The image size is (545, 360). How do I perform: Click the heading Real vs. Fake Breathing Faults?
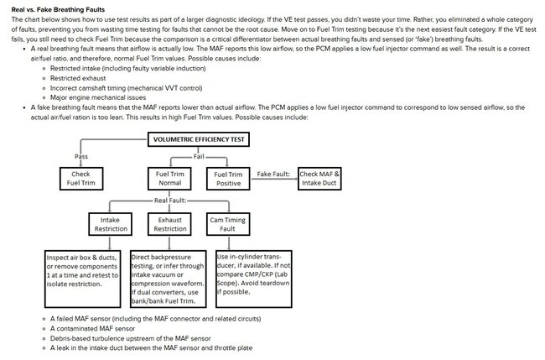[x=46, y=8]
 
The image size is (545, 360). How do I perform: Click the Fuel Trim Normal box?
[x=169, y=178]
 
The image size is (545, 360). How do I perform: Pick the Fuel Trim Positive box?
[x=227, y=178]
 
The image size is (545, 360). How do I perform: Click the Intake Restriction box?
[x=111, y=223]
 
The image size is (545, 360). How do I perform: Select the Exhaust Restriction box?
[x=170, y=223]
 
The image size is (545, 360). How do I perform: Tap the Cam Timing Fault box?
[x=227, y=223]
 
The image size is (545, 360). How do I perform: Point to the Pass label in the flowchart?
[x=82, y=156]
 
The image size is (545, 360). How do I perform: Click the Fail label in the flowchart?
[x=199, y=156]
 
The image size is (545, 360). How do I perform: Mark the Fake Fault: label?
[x=273, y=174]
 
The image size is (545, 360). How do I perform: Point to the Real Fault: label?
[x=170, y=201]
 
